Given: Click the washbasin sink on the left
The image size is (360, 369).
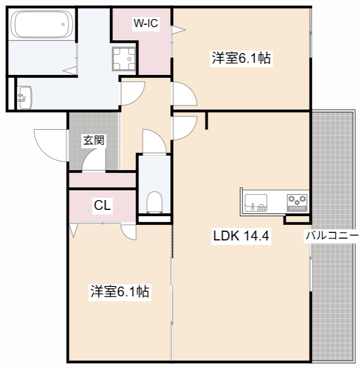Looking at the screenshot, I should coord(24,96).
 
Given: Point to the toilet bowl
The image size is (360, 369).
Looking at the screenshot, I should coord(155,202).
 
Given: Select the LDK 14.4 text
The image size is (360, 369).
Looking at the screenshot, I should coord(242,236).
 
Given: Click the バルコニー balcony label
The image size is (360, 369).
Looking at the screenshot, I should coord(332,236).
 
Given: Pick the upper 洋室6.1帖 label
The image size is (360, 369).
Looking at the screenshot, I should coord(242,58).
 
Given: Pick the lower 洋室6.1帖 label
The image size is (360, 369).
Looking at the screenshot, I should coord(119,292).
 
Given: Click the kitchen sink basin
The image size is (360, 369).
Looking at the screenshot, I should coord(256,202).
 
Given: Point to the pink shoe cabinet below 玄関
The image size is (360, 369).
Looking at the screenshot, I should coord(102,180).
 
